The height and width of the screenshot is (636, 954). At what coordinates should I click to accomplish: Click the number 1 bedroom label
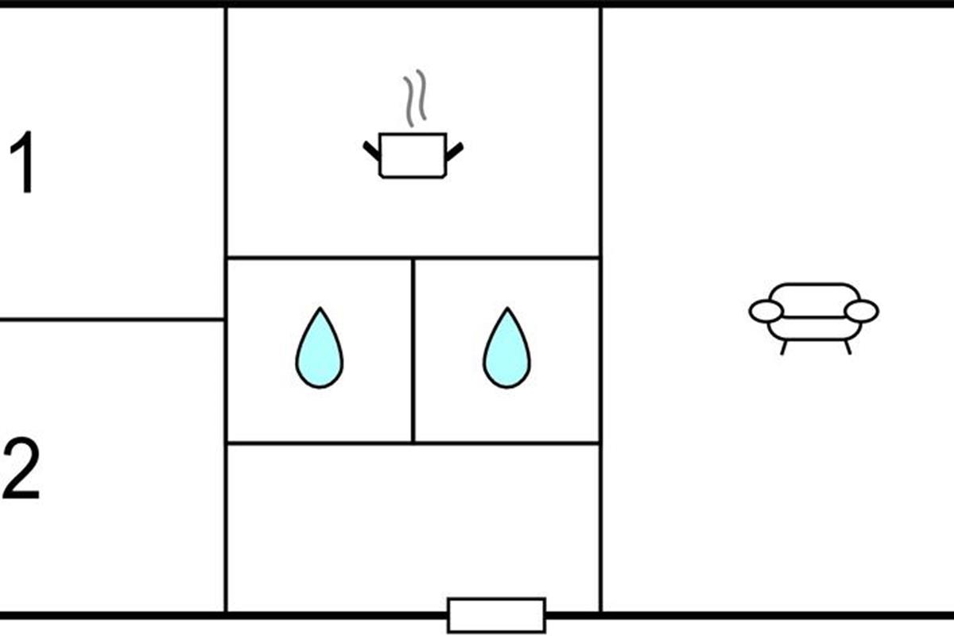point(25,164)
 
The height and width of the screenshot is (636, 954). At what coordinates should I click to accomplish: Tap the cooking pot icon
point(413,155)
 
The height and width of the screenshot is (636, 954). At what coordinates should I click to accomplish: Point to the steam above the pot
point(414,99)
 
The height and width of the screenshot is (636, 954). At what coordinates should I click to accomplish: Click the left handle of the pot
point(371,150)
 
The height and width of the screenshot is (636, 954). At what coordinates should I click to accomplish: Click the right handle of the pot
point(454,150)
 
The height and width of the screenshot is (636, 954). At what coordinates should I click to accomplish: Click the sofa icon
point(813,312)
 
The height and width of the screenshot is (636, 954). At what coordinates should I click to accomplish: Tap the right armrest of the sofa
point(861,312)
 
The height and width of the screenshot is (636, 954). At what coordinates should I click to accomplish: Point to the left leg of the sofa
point(784,347)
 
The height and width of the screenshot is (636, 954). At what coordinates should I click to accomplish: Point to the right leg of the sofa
point(847,347)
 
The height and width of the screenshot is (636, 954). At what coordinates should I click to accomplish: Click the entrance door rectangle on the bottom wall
point(496,615)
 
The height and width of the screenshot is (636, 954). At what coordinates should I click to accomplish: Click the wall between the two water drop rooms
point(413,350)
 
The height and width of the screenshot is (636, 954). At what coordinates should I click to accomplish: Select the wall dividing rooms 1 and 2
point(111,320)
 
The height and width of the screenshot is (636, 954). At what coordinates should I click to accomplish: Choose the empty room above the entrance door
point(413,525)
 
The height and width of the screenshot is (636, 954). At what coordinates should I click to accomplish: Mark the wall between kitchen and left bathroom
point(319,258)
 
